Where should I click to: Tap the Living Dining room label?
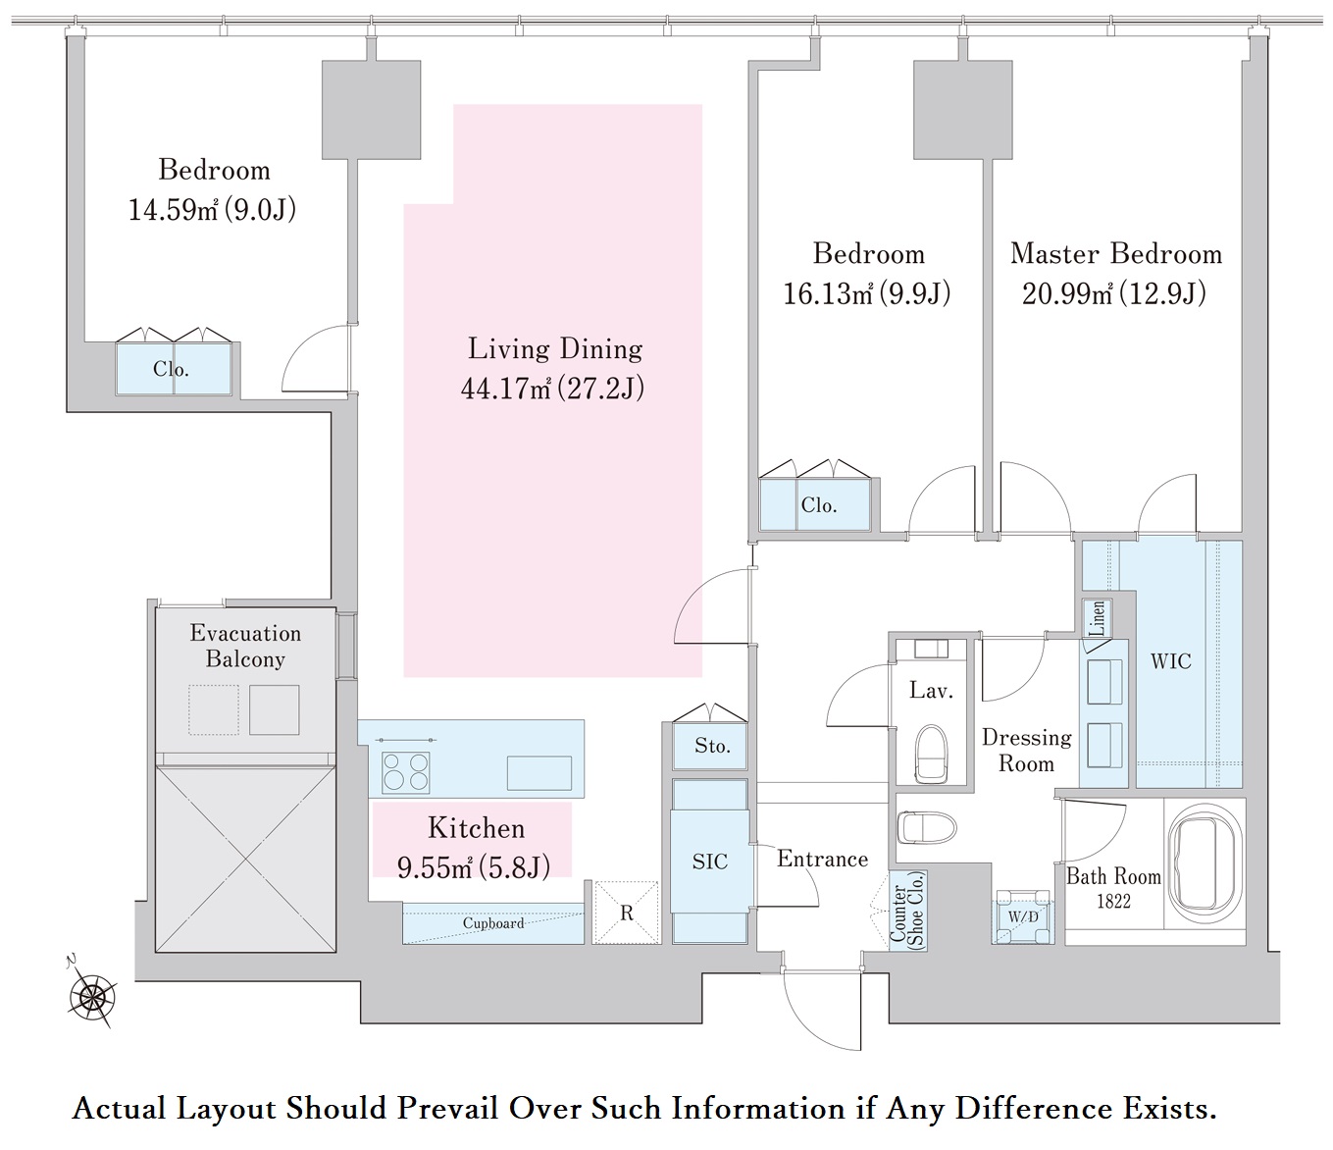pyautogui.click(x=555, y=349)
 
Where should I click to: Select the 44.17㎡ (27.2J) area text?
pyautogui.click(x=552, y=390)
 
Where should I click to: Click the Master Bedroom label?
pyautogui.click(x=1116, y=254)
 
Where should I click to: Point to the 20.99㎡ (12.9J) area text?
pyautogui.click(x=1114, y=293)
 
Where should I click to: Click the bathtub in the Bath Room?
pyautogui.click(x=1205, y=862)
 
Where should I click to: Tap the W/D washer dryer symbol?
pyautogui.click(x=1023, y=916)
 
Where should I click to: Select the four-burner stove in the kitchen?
pyautogui.click(x=406, y=771)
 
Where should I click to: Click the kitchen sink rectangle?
pyautogui.click(x=538, y=772)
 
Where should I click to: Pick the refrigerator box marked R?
pyautogui.click(x=626, y=913)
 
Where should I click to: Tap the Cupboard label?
pyautogui.click(x=492, y=923)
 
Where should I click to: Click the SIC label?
pyautogui.click(x=710, y=862)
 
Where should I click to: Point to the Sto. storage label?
pyautogui.click(x=712, y=746)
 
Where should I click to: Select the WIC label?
pyautogui.click(x=1171, y=661)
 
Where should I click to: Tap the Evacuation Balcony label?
pyautogui.click(x=245, y=646)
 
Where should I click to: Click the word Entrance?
pyautogui.click(x=822, y=860)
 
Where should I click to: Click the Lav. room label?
pyautogui.click(x=931, y=691)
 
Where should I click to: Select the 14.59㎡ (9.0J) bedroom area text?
pyautogui.click(x=213, y=210)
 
